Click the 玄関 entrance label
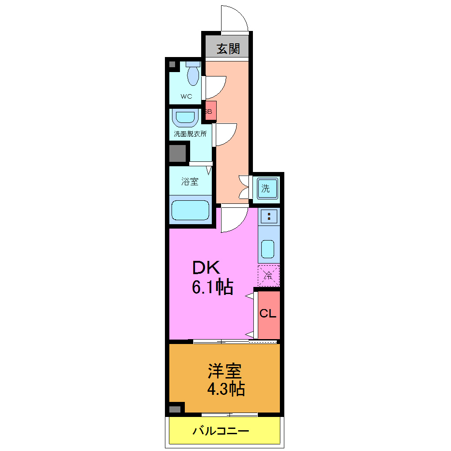tap(228, 48)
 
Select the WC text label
tap(186, 96)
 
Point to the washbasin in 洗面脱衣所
tap(185, 118)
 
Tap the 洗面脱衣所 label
tap(190, 133)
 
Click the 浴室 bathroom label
tap(190, 181)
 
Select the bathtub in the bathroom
tap(190, 210)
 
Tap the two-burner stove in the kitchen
tap(269, 216)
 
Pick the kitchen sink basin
tap(268, 249)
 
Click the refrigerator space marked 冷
tap(268, 275)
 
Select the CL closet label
tap(268, 313)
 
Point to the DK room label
tap(206, 268)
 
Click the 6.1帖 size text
tap(212, 288)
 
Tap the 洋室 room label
tap(225, 371)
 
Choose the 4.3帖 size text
tap(225, 389)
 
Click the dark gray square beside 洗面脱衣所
tap(177, 153)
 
